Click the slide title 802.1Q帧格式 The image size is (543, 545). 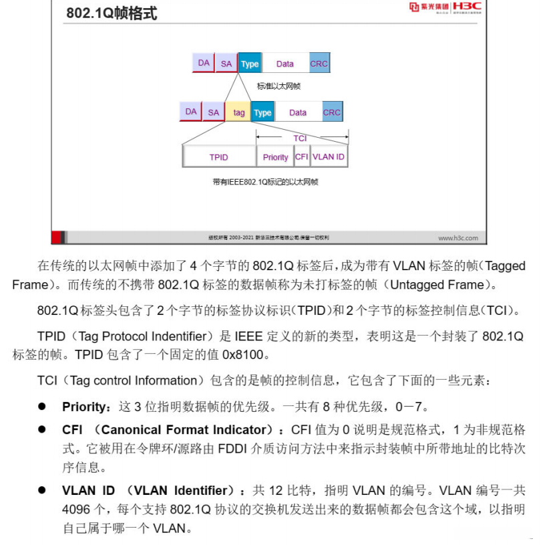[x=112, y=13]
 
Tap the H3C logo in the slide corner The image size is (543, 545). [x=466, y=7]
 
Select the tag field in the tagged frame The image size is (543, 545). [x=238, y=112]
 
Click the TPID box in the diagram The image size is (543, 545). [x=218, y=157]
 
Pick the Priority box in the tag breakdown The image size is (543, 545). [x=275, y=157]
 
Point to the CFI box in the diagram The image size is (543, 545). [x=302, y=156]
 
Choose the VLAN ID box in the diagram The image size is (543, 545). [x=329, y=156]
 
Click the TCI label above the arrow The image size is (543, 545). [x=300, y=138]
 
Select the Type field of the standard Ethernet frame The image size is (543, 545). [x=250, y=64]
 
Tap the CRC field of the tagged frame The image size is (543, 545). [x=332, y=112]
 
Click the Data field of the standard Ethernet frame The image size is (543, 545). [x=285, y=64]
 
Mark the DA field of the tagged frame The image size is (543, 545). [x=191, y=112]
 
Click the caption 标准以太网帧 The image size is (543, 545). [x=279, y=86]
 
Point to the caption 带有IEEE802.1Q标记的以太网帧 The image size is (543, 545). [x=265, y=182]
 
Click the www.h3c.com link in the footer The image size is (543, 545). [x=458, y=237]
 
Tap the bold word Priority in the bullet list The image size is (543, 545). [x=84, y=407]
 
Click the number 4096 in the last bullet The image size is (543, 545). [x=76, y=510]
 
